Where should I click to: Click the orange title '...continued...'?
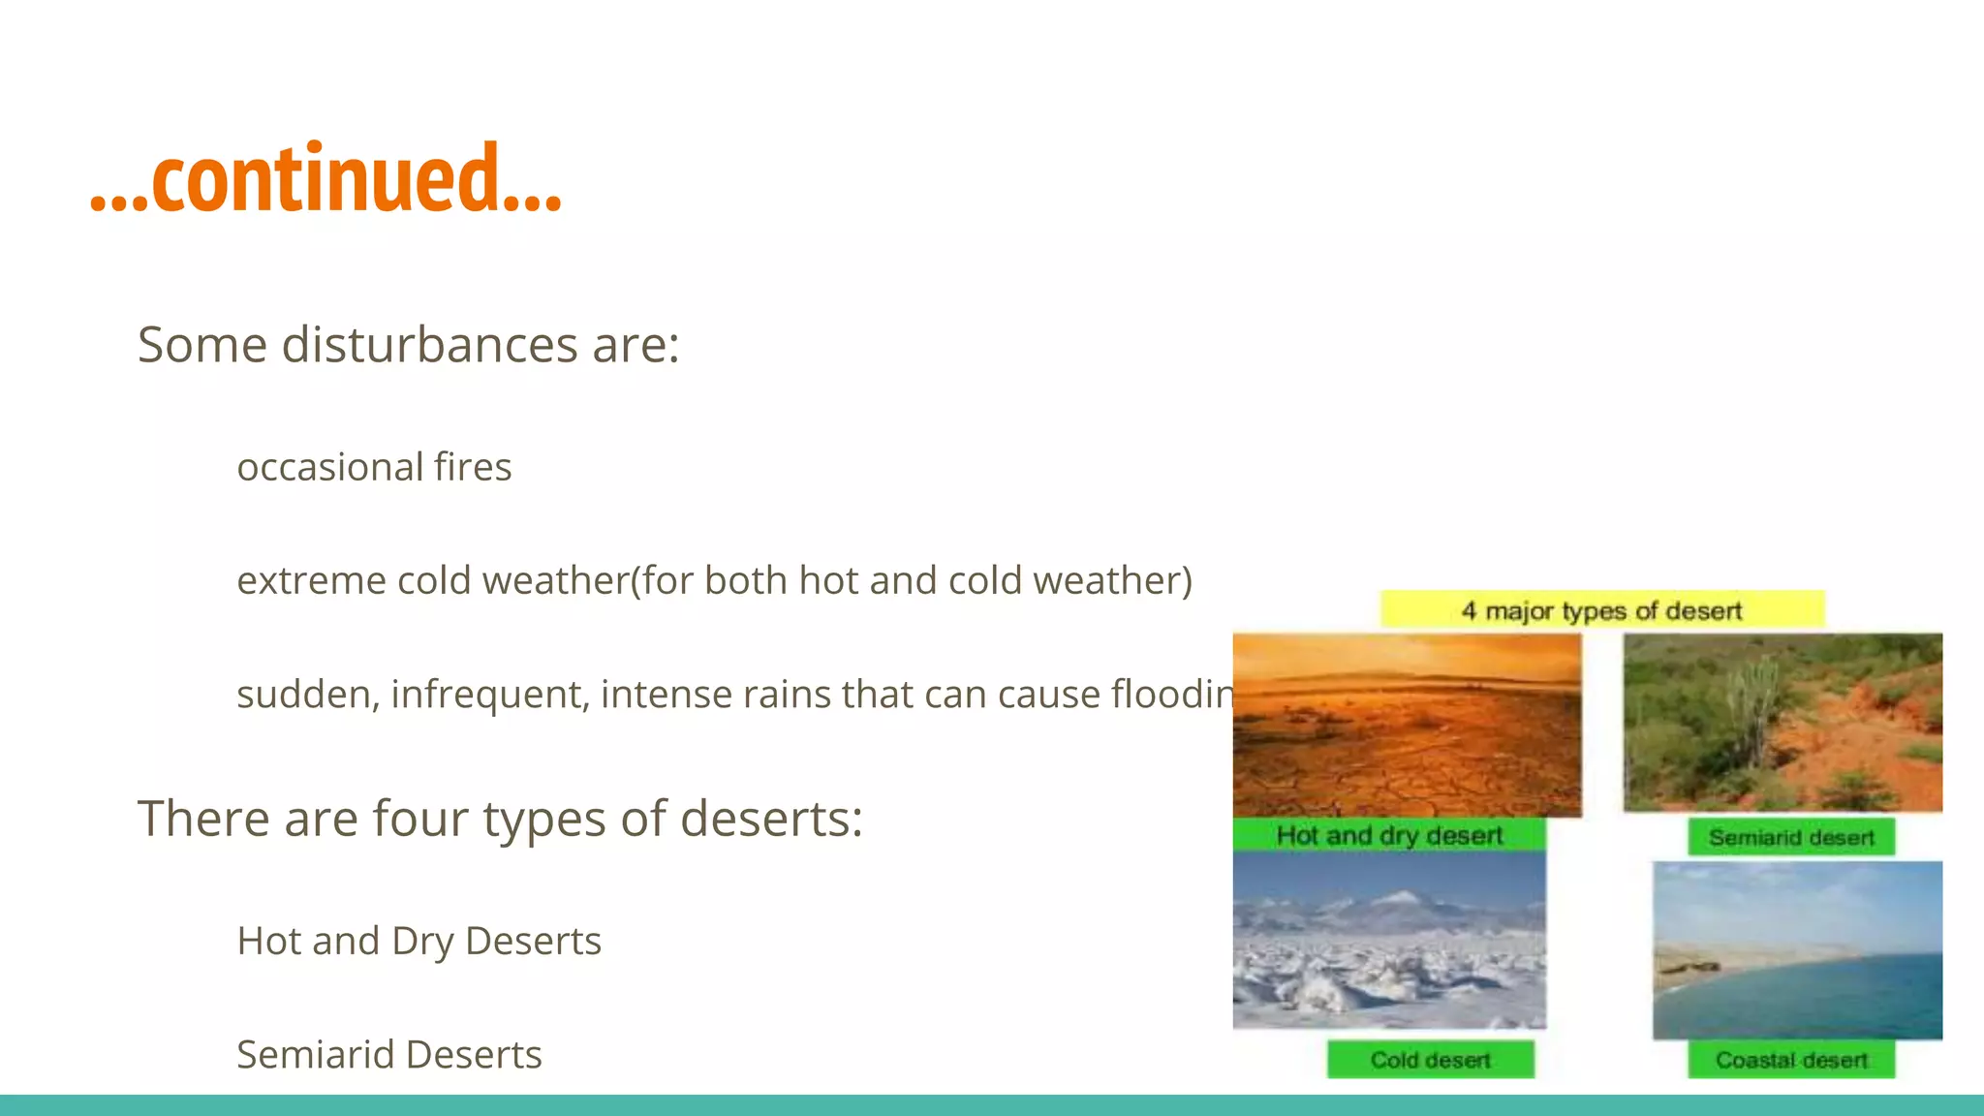click(x=325, y=178)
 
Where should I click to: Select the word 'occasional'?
click(x=329, y=468)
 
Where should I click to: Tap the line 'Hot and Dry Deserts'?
click(x=418, y=942)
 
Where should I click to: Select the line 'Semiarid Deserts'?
click(x=388, y=1055)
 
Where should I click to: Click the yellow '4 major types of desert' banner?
click(x=1601, y=610)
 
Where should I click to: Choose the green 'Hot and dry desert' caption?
click(x=1388, y=835)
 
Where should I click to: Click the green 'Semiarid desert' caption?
click(x=1790, y=837)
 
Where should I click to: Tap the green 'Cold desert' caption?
click(x=1430, y=1060)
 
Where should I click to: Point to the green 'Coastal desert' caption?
click(x=1790, y=1060)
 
